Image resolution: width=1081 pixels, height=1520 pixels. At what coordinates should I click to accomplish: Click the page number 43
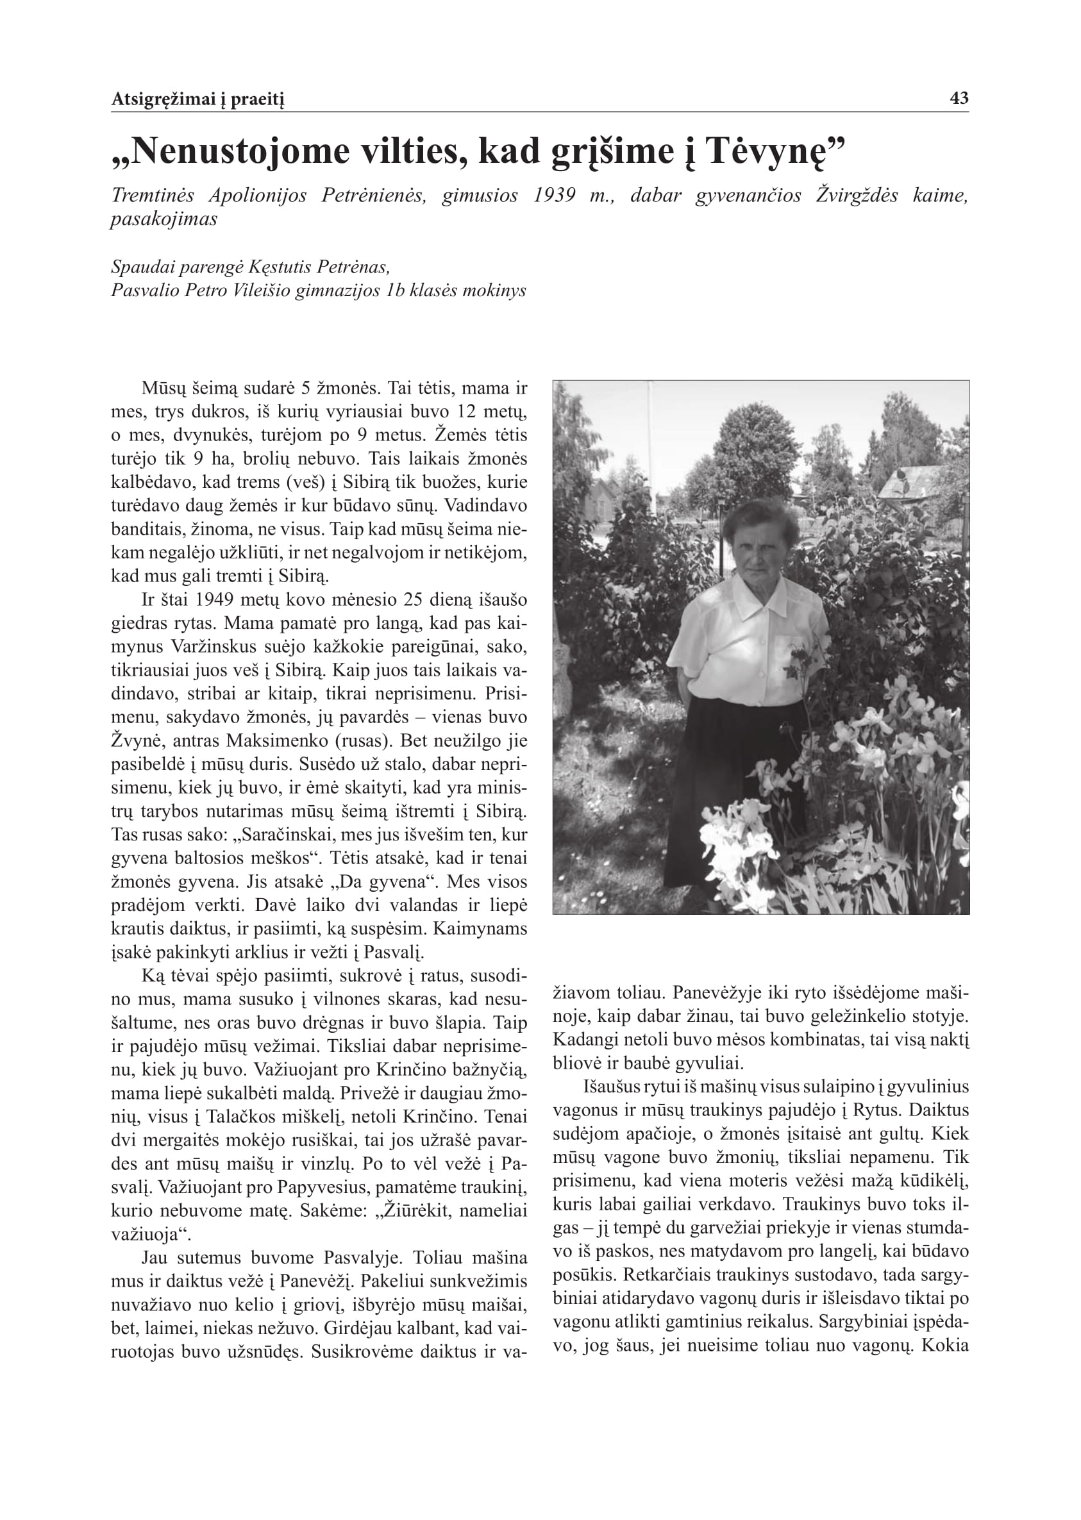pyautogui.click(x=959, y=99)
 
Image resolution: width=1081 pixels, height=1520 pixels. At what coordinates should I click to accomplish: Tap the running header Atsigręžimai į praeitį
pyautogui.click(x=197, y=100)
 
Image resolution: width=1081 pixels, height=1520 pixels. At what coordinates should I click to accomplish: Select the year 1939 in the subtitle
pyautogui.click(x=555, y=196)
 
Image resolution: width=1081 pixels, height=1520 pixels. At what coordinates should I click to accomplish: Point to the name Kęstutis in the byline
pyautogui.click(x=280, y=267)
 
